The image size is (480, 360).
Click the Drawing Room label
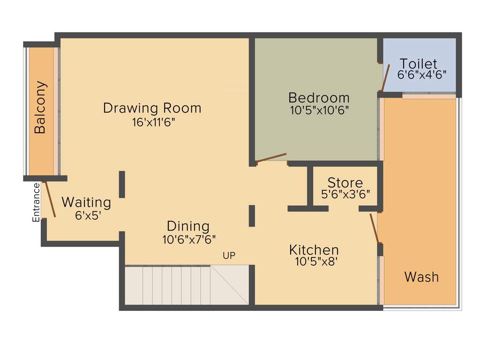152,108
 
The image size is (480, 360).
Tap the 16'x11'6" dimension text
157,122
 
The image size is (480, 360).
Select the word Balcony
41,107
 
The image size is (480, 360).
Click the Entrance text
36,202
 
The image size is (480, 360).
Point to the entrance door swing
49,200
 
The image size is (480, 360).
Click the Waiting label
86,202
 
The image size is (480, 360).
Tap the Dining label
188,226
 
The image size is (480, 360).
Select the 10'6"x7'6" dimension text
189,240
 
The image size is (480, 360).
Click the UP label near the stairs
229,255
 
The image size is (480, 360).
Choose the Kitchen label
314,249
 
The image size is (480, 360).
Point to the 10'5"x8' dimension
316,262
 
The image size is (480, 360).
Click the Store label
345,182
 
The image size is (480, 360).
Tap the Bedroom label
319,98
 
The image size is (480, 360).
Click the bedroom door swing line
271,158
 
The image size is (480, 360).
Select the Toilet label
418,63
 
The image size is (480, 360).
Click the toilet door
385,78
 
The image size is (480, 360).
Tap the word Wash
421,277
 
